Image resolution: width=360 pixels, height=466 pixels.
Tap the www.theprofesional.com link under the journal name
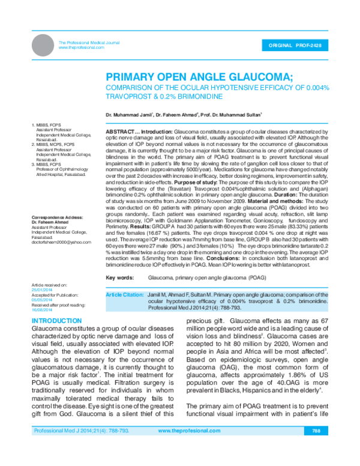pyautogui.click(x=81, y=47)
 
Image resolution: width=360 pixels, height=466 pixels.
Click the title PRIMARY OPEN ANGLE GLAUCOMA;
pyautogui.click(x=191, y=77)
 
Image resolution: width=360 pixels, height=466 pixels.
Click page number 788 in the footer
pyautogui.click(x=316, y=447)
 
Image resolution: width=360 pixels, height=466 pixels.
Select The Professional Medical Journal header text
pyautogui.click(x=89, y=42)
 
